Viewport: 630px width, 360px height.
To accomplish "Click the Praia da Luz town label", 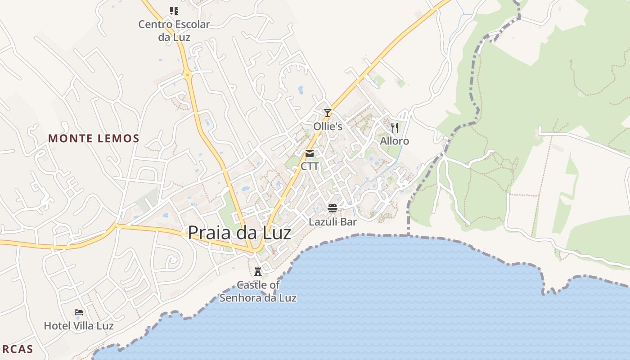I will point(239,233).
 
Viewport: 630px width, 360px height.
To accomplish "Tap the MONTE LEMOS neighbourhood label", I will point(94,139).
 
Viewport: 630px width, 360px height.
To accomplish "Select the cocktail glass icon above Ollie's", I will point(328,112).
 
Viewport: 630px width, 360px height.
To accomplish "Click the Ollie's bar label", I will point(328,126).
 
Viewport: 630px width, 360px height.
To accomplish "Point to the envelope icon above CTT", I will point(310,154).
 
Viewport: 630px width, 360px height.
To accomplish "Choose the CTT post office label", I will point(310,166).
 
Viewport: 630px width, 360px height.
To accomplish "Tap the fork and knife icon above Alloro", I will point(395,128).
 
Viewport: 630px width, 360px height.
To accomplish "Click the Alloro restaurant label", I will point(395,141).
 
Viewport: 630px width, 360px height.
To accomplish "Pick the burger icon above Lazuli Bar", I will point(333,208).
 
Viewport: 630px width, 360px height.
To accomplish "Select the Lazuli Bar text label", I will point(333,222).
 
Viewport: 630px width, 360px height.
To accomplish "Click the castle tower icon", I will point(258,272).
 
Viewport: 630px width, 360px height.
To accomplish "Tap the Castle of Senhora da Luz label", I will point(258,291).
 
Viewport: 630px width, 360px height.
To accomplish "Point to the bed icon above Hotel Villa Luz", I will point(79,312).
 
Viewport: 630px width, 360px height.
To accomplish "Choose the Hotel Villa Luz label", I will point(79,325).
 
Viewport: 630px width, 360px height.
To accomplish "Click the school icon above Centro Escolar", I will point(174,10).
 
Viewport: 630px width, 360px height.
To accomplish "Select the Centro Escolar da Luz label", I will point(174,31).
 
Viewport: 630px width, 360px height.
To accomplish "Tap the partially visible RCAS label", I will point(17,349).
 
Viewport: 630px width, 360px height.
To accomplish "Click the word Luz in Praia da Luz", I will point(276,233).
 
